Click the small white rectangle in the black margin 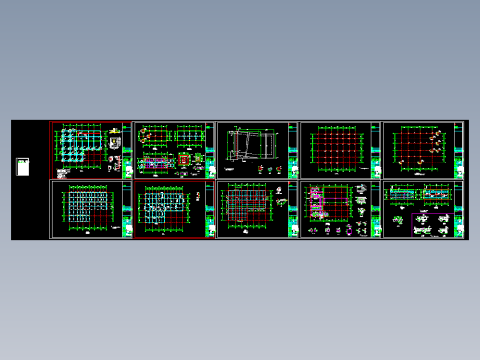[x=22, y=169]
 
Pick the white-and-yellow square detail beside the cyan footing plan [x=114, y=146]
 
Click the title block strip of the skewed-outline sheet [x=294, y=150]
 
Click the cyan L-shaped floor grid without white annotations [x=86, y=209]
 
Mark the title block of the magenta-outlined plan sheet [x=377, y=210]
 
